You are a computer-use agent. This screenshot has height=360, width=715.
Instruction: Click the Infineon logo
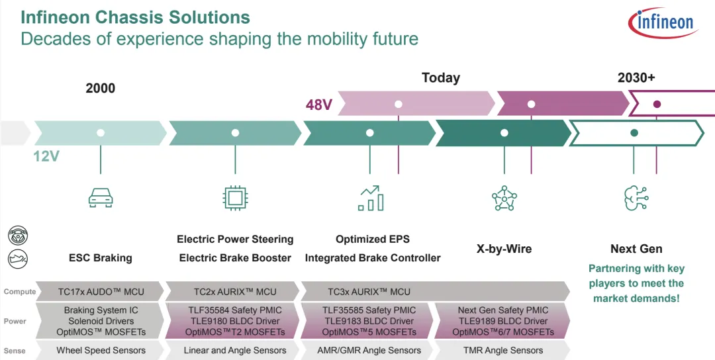(663, 23)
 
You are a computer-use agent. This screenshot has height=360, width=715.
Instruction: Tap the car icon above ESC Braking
(101, 197)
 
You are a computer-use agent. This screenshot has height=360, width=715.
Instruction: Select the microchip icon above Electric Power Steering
(235, 197)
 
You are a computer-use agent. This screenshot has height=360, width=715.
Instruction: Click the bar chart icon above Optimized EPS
(371, 198)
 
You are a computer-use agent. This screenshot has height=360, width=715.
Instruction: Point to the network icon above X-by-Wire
(504, 198)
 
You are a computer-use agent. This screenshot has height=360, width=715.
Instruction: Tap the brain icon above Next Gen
(636, 198)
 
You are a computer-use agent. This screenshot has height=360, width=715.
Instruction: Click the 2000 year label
(101, 88)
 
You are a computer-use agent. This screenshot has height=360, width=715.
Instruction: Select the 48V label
(318, 105)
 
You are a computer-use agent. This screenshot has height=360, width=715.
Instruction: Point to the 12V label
(47, 157)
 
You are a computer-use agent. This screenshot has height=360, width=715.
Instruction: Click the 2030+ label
(636, 77)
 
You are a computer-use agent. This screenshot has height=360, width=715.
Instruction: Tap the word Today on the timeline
(440, 78)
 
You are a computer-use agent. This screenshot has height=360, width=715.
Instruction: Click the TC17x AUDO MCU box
(100, 291)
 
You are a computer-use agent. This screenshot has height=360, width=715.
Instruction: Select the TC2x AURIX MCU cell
(235, 291)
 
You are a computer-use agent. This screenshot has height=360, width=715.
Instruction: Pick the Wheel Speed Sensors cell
(101, 350)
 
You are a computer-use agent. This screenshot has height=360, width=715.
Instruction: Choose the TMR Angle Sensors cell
(503, 350)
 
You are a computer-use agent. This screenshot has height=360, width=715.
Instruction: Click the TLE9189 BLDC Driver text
(503, 321)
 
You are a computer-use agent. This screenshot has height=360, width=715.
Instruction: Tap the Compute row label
(19, 292)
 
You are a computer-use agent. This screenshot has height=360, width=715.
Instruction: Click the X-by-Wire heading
(504, 249)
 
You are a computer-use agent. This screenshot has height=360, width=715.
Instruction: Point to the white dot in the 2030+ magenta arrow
(657, 104)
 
